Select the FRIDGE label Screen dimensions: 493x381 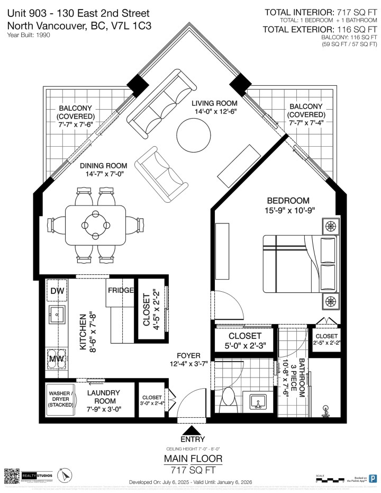pyautogui.click(x=121, y=291)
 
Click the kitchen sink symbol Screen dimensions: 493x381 pyautogui.click(x=57, y=314)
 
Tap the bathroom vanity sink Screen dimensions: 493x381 pyautogui.click(x=259, y=403)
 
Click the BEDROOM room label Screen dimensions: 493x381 pyautogui.click(x=288, y=201)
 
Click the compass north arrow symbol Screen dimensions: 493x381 pyautogui.click(x=65, y=476)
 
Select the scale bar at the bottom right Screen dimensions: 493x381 pyautogui.click(x=333, y=480)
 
